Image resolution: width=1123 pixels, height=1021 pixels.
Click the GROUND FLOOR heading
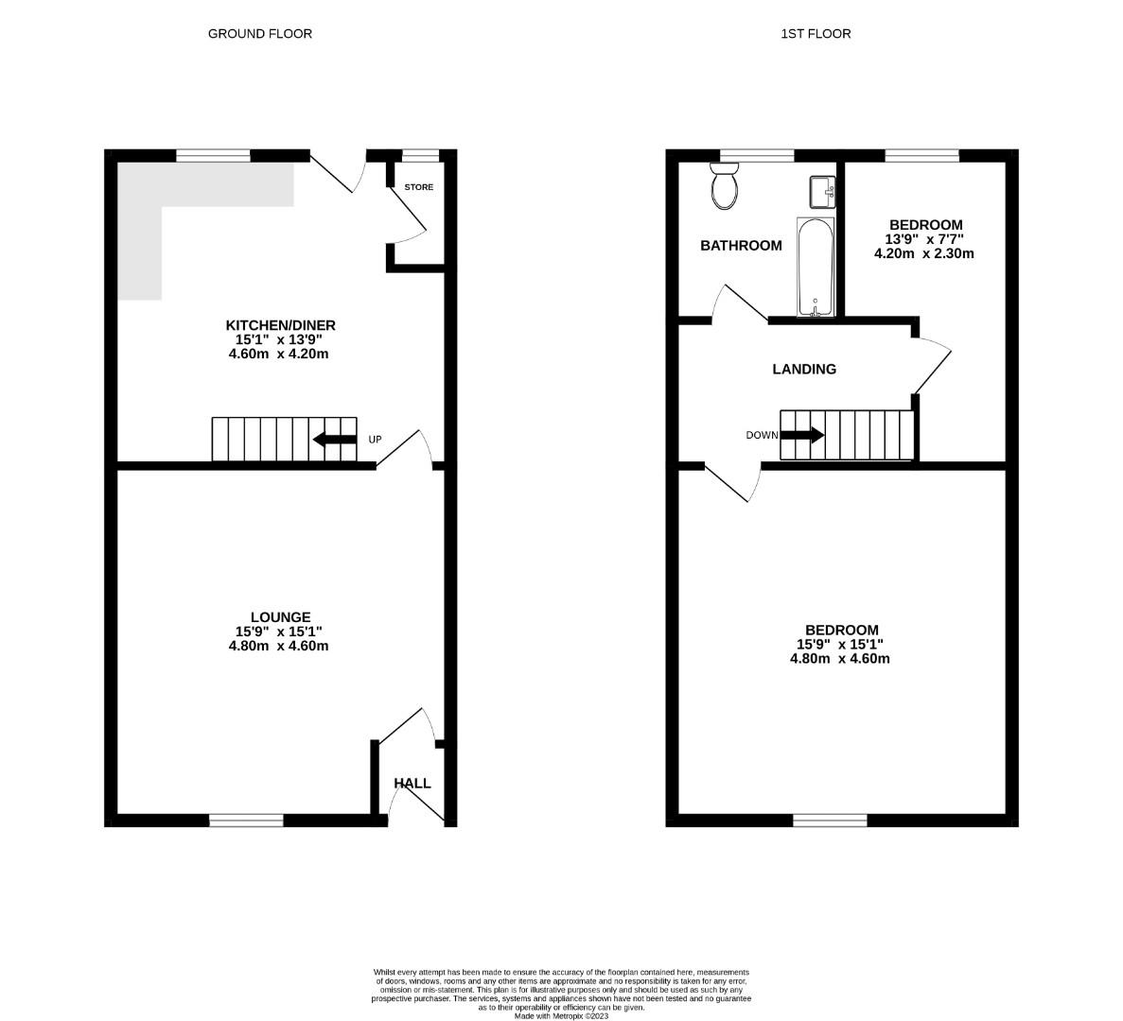tap(259, 34)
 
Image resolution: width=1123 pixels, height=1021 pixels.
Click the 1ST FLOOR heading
tap(816, 34)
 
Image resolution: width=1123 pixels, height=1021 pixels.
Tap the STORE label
tap(419, 187)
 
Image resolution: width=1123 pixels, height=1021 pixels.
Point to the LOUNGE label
tap(274, 617)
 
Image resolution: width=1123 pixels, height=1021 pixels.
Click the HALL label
tap(412, 784)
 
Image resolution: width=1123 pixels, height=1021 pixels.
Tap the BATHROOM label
tap(741, 246)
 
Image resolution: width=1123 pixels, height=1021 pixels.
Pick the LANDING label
tap(804, 370)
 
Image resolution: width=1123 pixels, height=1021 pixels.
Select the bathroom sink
tap(821, 192)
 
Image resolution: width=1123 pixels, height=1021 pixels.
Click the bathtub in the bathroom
tap(816, 268)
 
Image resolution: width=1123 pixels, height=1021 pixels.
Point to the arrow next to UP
tap(332, 440)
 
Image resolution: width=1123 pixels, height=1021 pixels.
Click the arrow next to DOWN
tap(802, 435)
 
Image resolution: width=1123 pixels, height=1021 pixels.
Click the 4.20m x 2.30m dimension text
tap(923, 253)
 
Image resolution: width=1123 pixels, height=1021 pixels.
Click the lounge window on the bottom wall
tap(246, 820)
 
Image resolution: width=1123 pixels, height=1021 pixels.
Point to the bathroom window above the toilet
tap(756, 156)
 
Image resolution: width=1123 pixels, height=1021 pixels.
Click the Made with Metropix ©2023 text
tap(561, 1016)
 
